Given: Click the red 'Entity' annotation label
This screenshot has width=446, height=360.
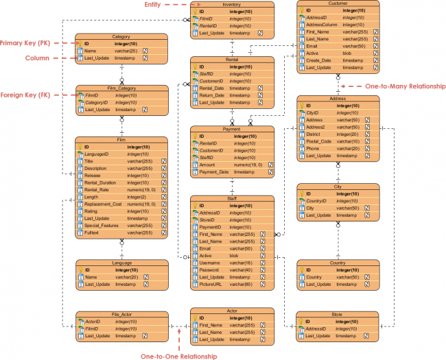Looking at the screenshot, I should [x=152, y=4].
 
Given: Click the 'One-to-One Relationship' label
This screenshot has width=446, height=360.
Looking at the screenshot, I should [x=178, y=356].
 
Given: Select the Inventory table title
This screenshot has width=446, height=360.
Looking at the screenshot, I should [x=232, y=4].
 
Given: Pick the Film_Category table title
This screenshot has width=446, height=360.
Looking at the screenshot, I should [x=121, y=88].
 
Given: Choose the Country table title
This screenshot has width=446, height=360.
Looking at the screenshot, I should [x=337, y=263].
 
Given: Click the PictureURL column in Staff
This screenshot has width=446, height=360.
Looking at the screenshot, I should [x=211, y=284].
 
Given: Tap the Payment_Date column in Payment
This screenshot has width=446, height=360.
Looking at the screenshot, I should [x=214, y=172].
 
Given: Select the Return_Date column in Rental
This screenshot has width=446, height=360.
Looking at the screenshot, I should [x=213, y=95].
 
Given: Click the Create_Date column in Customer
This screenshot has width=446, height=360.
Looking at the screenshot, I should [x=318, y=60].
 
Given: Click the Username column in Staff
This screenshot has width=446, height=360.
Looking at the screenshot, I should [x=211, y=263].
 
